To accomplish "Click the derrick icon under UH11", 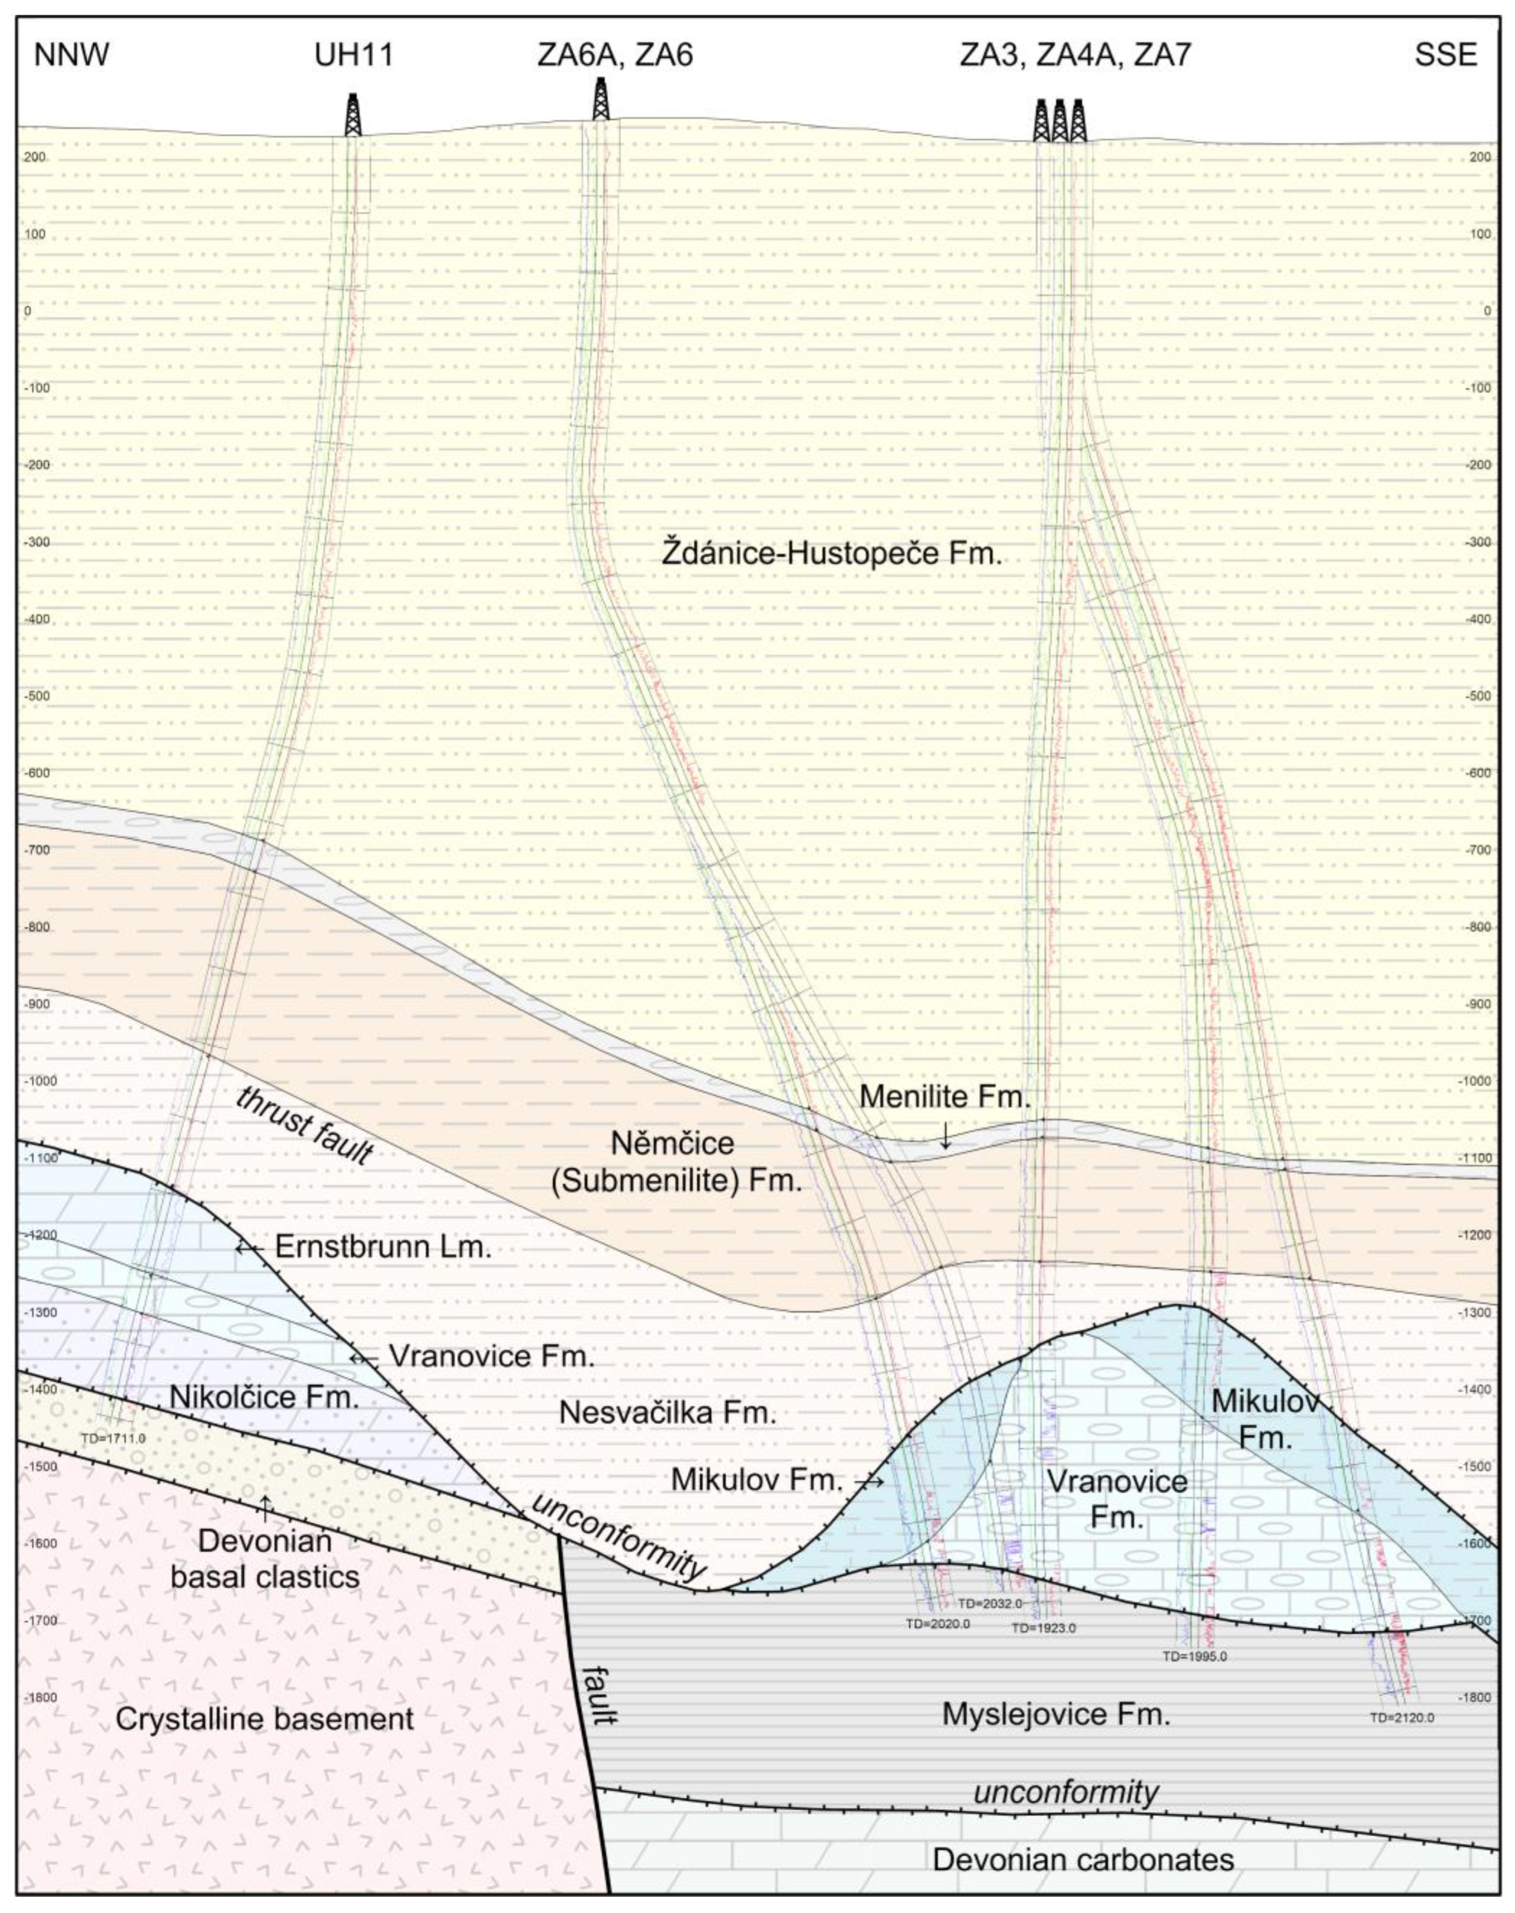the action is click(353, 115).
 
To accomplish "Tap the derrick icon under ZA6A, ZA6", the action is click(601, 99).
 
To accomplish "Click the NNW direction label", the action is click(71, 55).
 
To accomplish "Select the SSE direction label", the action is click(1446, 55).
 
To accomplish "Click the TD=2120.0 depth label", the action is click(1401, 1718).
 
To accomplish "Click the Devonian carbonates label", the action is click(1082, 1859).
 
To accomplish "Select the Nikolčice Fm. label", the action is click(264, 1398).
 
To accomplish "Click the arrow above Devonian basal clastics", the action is click(264, 1502).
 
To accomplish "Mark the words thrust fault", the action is click(303, 1124).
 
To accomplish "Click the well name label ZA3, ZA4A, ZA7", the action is click(1075, 55).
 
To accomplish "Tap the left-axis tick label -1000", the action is click(35, 1080).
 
